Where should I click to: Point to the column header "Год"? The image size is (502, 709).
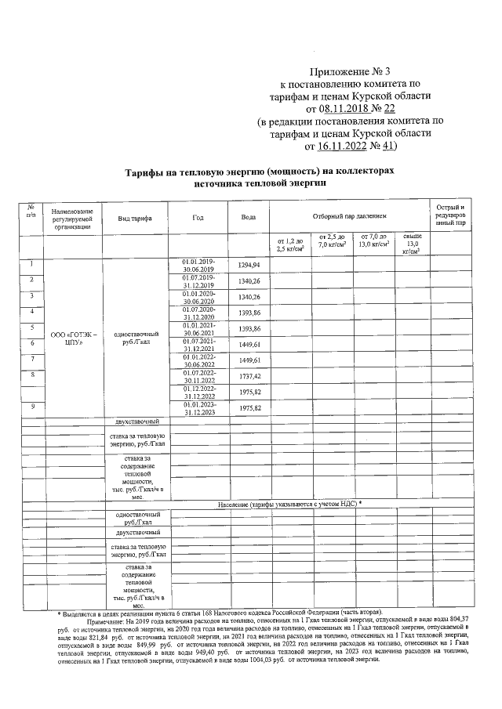click(198, 217)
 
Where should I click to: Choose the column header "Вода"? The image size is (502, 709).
click(248, 217)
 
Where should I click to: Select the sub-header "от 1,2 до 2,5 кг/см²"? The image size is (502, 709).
click(289, 245)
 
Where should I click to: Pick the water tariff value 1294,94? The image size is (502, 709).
click(249, 266)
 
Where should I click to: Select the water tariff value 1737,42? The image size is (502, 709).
click(249, 376)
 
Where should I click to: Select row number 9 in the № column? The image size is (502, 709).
click(31, 405)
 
